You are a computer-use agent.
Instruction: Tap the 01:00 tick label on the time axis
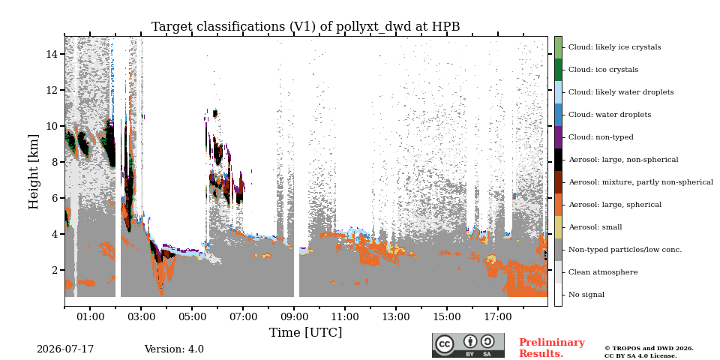click(x=90, y=316)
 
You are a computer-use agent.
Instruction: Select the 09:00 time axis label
click(x=294, y=316)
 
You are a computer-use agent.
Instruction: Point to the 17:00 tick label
click(x=498, y=316)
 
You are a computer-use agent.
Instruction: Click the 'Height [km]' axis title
click(x=34, y=172)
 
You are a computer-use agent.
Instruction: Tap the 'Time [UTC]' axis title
click(x=306, y=332)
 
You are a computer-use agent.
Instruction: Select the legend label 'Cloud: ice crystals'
click(x=603, y=70)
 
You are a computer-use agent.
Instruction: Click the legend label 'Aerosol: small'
click(x=595, y=227)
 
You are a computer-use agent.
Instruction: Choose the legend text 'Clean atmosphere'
click(x=603, y=272)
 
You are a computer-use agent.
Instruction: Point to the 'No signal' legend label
click(x=586, y=295)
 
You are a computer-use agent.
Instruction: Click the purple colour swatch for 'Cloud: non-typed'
click(x=558, y=137)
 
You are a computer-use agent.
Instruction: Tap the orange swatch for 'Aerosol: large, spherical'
click(x=558, y=205)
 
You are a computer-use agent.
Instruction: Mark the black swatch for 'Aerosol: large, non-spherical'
click(x=558, y=160)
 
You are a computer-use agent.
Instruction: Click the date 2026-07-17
click(x=65, y=349)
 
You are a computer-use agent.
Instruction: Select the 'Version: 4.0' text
click(x=174, y=349)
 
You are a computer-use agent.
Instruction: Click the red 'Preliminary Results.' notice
click(x=552, y=348)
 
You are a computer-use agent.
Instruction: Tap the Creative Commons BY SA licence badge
click(x=468, y=345)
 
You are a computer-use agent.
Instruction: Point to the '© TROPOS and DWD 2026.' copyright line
click(x=649, y=349)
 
